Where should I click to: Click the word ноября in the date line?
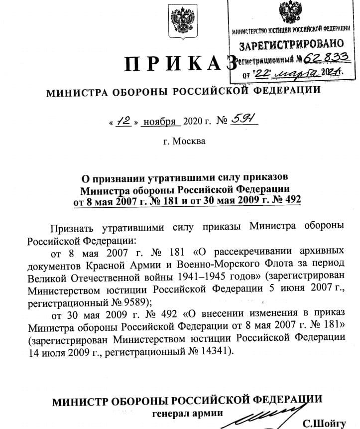159,122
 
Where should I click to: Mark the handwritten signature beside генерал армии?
269,415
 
